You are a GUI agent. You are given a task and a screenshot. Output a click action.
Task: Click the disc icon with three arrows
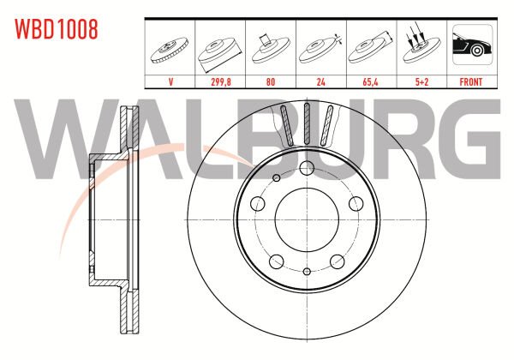point(421,47)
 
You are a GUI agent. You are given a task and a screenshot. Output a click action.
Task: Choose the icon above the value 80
point(271,47)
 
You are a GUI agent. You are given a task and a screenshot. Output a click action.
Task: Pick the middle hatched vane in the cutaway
point(307,123)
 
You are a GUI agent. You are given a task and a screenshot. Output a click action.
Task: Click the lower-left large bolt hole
point(276,260)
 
